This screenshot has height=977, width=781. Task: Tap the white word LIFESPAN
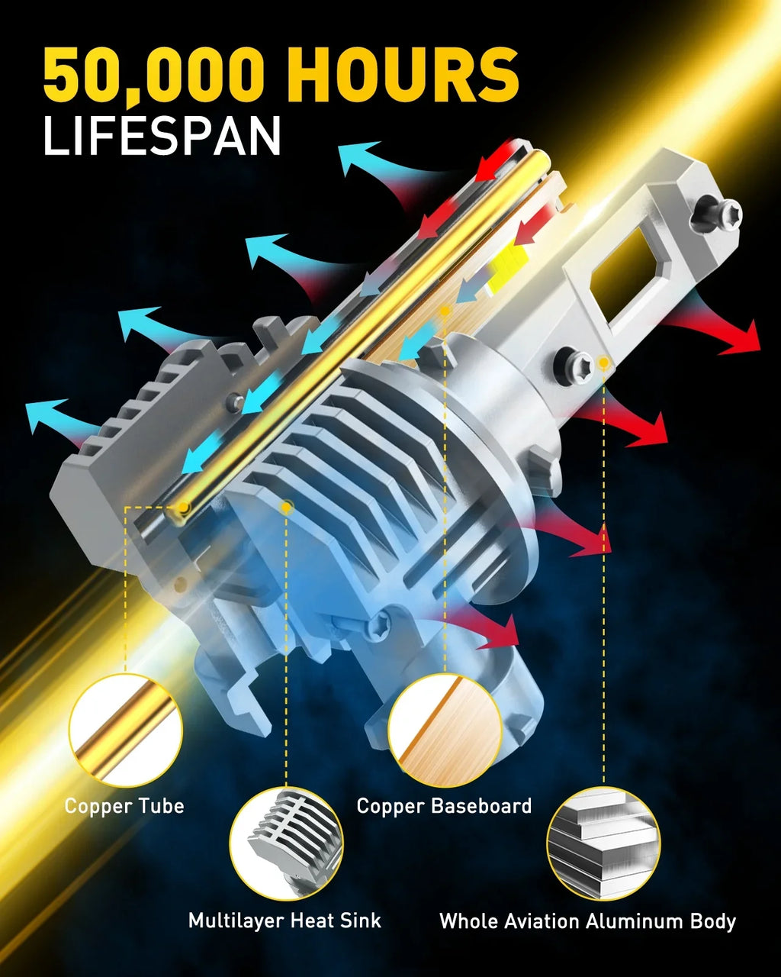point(162,136)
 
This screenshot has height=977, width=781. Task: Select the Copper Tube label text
point(124,806)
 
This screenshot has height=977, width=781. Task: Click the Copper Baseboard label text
point(444,806)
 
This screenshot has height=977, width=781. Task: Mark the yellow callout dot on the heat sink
point(286,507)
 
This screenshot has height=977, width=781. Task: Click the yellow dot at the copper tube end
point(182,507)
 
